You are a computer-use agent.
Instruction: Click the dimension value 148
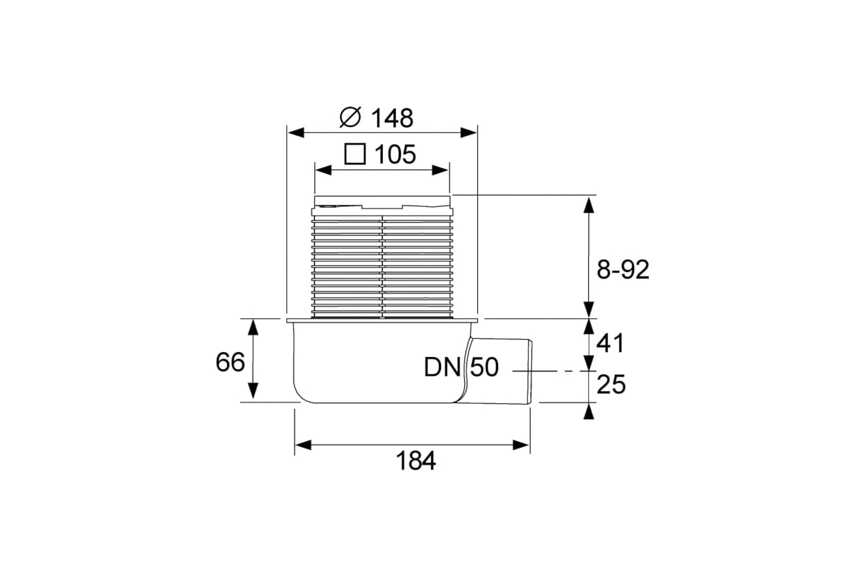pyautogui.click(x=392, y=118)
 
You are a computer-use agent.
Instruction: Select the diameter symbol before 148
pyautogui.click(x=350, y=117)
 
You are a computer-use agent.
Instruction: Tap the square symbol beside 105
pyautogui.click(x=355, y=154)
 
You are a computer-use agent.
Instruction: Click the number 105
pyautogui.click(x=396, y=154)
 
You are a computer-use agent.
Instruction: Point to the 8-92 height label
pyautogui.click(x=623, y=270)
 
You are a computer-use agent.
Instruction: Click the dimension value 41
pyautogui.click(x=610, y=343)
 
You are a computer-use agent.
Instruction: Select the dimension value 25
pyautogui.click(x=611, y=384)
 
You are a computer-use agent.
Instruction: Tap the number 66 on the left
pyautogui.click(x=230, y=362)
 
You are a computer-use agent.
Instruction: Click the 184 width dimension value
pyautogui.click(x=416, y=461)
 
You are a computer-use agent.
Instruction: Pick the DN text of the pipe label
pyautogui.click(x=442, y=367)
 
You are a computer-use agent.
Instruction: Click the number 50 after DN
pyautogui.click(x=484, y=367)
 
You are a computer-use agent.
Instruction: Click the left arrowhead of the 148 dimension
pyautogui.click(x=296, y=133)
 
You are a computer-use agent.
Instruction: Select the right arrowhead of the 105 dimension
pyautogui.click(x=440, y=170)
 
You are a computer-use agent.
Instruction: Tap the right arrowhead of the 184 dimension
pyautogui.click(x=521, y=445)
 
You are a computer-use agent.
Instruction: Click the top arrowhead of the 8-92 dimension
pyautogui.click(x=588, y=205)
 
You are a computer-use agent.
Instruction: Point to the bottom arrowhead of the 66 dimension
pyautogui.click(x=253, y=390)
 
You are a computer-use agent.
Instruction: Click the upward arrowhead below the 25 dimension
pyautogui.click(x=588, y=411)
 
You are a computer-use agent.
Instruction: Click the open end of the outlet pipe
pyautogui.click(x=531, y=371)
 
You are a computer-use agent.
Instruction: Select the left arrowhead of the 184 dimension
pyautogui.click(x=303, y=445)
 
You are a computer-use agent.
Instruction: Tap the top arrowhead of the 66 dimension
pyautogui.click(x=253, y=327)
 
